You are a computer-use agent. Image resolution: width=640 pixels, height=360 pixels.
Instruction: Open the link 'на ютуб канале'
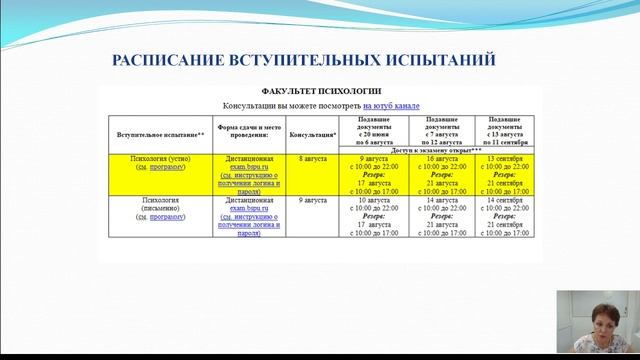pyautogui.click(x=391, y=104)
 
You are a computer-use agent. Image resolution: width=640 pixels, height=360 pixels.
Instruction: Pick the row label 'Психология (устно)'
pyautogui.click(x=160, y=159)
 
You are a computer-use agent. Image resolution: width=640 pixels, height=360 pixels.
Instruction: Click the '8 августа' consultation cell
pyautogui.click(x=313, y=159)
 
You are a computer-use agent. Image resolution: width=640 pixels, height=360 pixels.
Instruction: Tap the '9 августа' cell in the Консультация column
pyautogui.click(x=313, y=201)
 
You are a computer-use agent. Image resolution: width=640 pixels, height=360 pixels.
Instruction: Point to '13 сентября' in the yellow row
pyautogui.click(x=504, y=159)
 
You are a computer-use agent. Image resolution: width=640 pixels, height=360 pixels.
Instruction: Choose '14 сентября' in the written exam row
pyautogui.click(x=504, y=201)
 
